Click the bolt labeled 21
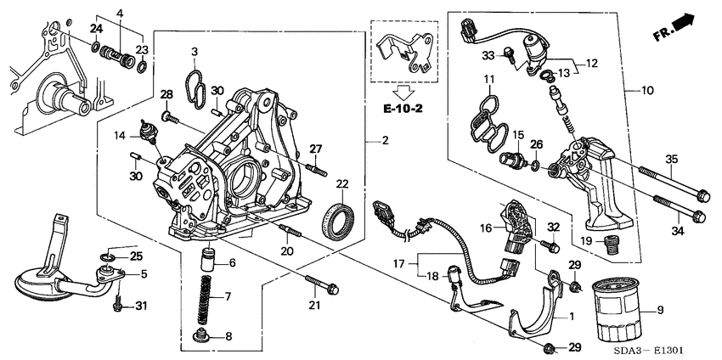pyautogui.click(x=319, y=284)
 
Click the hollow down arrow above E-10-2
pyautogui.click(x=403, y=90)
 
